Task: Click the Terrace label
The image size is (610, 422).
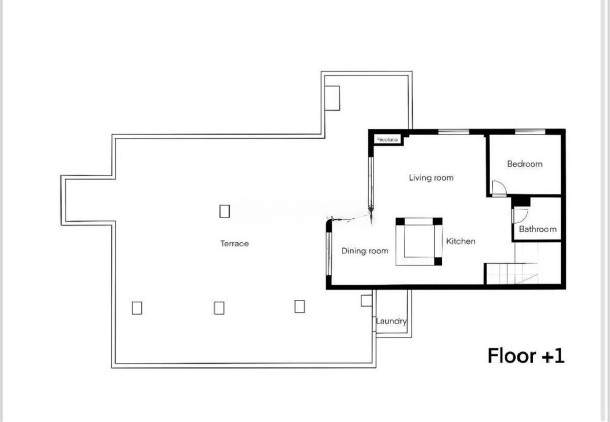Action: coord(234,244)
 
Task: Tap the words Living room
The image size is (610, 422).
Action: coord(431,178)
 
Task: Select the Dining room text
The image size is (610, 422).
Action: coord(364,251)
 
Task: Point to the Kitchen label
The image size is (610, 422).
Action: coord(461,241)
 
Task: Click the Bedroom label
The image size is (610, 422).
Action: coord(525,164)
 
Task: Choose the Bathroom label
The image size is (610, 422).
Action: coord(537,229)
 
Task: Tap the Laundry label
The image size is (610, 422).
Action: coord(391,321)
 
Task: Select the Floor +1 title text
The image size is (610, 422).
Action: coord(526,355)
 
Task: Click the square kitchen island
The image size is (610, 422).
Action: coord(419,242)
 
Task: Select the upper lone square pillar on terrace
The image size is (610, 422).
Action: coord(224,211)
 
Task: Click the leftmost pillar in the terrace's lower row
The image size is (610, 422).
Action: coord(136,308)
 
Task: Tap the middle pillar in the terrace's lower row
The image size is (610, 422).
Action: coord(219,308)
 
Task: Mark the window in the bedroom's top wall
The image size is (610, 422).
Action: coord(530,132)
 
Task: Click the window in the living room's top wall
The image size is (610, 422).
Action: coord(453,132)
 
